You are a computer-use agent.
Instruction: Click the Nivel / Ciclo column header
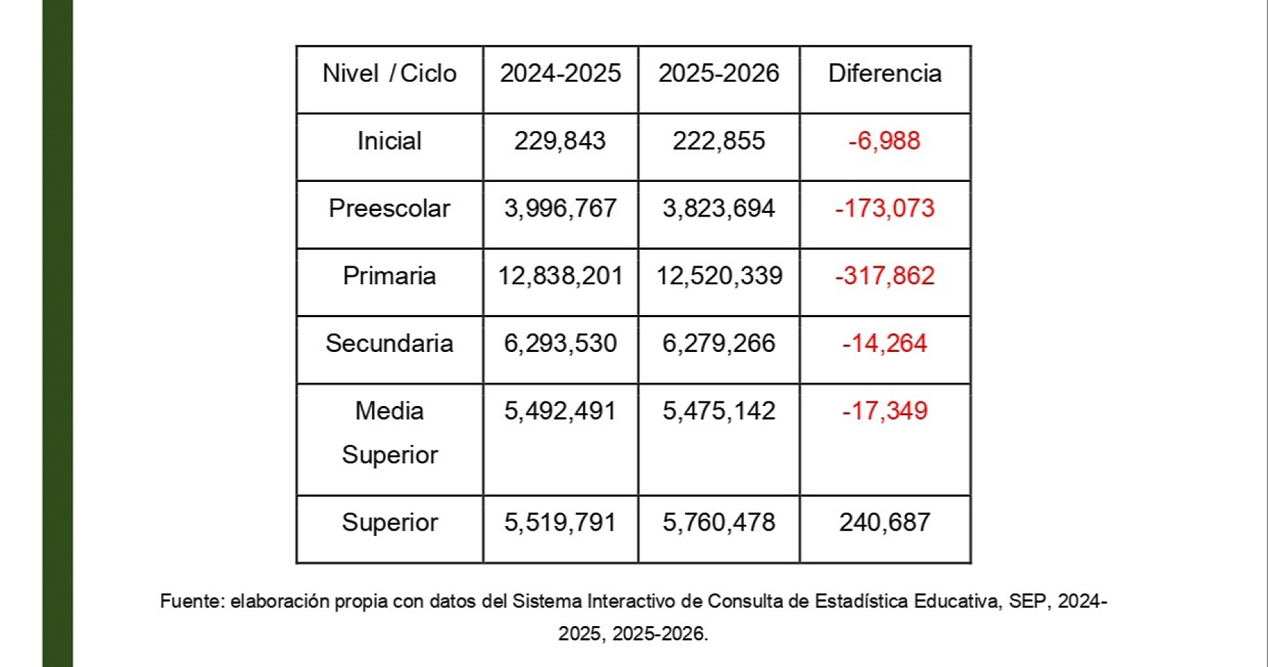[389, 73]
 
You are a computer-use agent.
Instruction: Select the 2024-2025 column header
[560, 73]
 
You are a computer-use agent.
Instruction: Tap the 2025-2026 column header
[719, 73]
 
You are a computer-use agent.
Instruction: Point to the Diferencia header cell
[885, 73]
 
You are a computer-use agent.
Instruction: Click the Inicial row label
[389, 141]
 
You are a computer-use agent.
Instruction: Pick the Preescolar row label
[389, 209]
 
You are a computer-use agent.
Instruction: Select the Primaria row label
[389, 276]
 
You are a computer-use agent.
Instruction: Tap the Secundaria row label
[389, 344]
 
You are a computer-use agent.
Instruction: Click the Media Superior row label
[389, 433]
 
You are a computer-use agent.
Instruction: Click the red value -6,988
[884, 141]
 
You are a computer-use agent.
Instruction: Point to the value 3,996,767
[560, 209]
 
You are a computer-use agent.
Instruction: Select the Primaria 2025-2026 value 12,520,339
[719, 276]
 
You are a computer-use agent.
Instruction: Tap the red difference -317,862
[885, 276]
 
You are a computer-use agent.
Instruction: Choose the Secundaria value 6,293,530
[560, 344]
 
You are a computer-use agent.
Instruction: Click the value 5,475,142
[719, 411]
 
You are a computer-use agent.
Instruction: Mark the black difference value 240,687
[885, 523]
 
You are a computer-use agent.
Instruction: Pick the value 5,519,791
[560, 523]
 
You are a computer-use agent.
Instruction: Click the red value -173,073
[885, 209]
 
